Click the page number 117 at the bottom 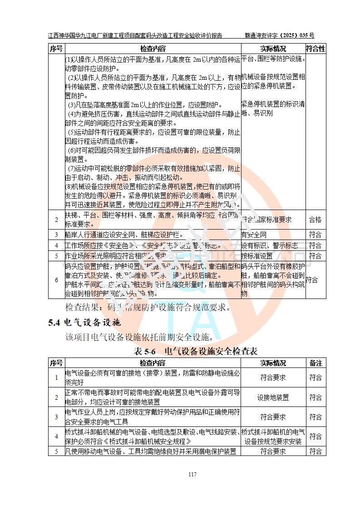point(192,475)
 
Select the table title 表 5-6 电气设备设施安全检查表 point(196,351)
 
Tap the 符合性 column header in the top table point(316,49)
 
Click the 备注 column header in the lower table point(316,363)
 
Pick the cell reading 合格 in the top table point(315,220)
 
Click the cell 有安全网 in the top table point(254,235)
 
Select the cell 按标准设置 point(257,256)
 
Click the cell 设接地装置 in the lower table point(273,397)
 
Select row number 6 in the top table point(57,280)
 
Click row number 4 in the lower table point(57,436)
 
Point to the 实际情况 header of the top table point(273,49)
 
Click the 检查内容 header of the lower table point(153,363)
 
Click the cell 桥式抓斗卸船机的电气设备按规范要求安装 point(273,436)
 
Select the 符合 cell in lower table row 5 point(316,451)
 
